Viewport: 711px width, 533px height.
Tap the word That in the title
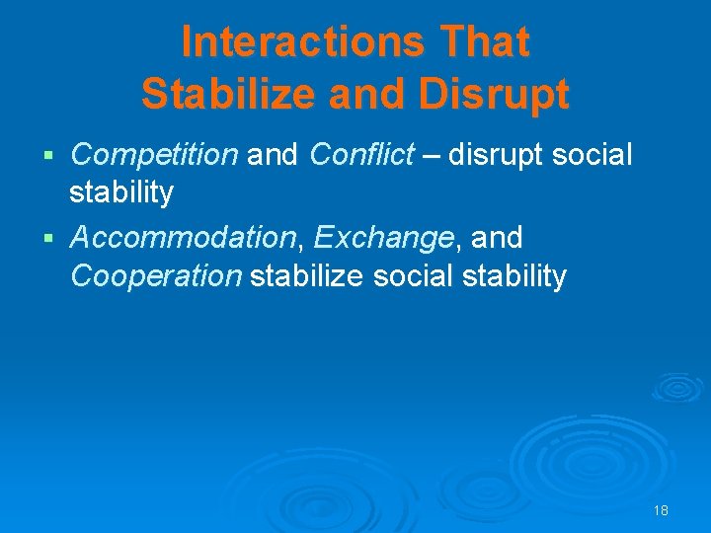tap(484, 42)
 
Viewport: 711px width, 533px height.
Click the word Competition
tap(154, 155)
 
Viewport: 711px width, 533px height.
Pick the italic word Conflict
tap(360, 155)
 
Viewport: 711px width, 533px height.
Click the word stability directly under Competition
tap(121, 193)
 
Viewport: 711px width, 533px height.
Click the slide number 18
tap(661, 510)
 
